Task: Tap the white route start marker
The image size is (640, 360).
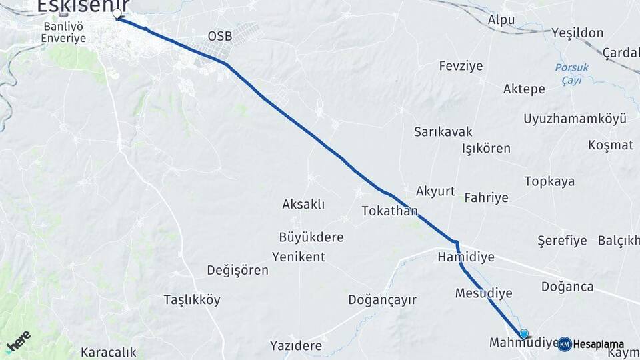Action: (x=117, y=13)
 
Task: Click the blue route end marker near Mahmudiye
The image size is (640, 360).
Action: (x=524, y=334)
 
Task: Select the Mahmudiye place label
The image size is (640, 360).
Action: (x=523, y=343)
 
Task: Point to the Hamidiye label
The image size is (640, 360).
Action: (x=466, y=256)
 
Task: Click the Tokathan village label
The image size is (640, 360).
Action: (x=389, y=211)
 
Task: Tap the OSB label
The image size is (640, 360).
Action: (x=220, y=35)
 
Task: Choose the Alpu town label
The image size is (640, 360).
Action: (x=501, y=20)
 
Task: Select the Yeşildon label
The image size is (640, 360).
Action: (x=577, y=33)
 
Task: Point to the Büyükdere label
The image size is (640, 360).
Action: (x=311, y=237)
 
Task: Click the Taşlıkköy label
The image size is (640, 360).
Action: (x=192, y=300)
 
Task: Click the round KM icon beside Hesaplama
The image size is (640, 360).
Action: (x=565, y=344)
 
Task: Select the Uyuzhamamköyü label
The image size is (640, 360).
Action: (x=575, y=119)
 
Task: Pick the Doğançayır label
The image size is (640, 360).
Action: (x=382, y=300)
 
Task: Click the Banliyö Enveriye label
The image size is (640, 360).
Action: (x=63, y=33)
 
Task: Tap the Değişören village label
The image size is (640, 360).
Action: (x=237, y=270)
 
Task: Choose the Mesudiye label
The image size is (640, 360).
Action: (x=484, y=293)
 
